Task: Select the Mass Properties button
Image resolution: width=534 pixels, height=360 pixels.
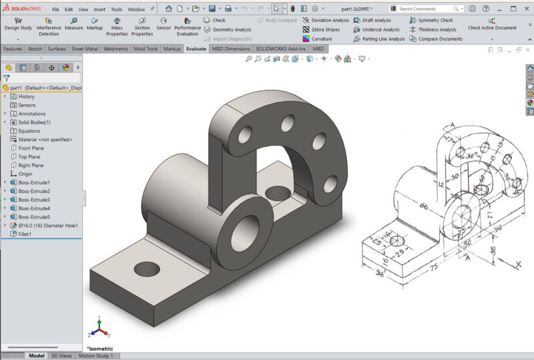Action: (117, 26)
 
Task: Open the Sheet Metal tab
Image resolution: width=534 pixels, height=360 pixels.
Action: (85, 49)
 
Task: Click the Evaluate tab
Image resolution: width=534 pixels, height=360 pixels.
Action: (196, 49)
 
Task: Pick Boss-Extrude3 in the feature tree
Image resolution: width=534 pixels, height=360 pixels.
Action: (34, 200)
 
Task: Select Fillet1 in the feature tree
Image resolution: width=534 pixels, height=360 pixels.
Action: (27, 234)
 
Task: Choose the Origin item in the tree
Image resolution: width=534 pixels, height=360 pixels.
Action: (25, 174)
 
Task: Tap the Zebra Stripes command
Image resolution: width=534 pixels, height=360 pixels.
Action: (325, 29)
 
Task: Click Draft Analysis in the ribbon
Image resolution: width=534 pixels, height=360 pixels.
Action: (376, 20)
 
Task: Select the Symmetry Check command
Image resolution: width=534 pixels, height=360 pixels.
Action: (435, 20)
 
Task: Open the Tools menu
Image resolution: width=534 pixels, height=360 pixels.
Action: (117, 9)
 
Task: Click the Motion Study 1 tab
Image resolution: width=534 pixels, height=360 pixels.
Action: (96, 356)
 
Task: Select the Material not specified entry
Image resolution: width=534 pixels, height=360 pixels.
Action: (46, 140)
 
